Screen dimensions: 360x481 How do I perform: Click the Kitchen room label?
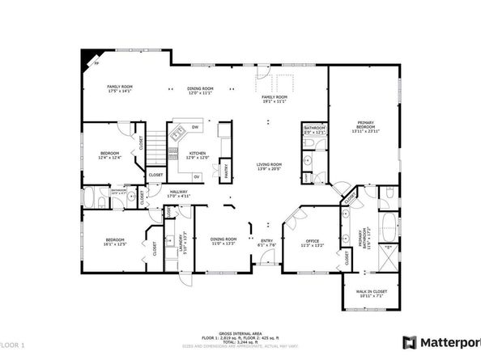pyautogui.click(x=198, y=155)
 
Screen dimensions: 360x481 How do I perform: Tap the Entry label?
pyautogui.click(x=266, y=241)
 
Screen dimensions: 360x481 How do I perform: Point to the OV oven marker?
pyautogui.click(x=196, y=176)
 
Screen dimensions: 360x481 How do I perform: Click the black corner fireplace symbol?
pyautogui.click(x=87, y=58)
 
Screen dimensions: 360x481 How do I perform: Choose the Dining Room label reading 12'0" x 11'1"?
pyautogui.click(x=201, y=91)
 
